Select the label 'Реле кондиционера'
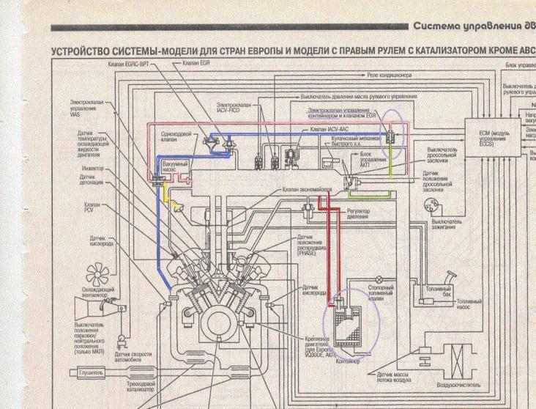390,75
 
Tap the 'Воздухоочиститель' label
458,384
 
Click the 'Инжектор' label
93,168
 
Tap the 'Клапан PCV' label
93,207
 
